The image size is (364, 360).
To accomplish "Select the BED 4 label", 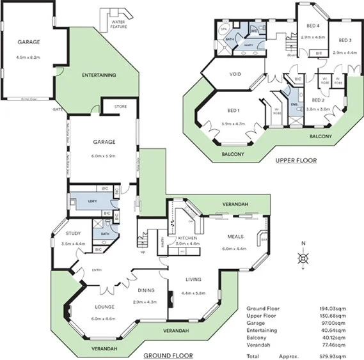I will [x=313, y=26].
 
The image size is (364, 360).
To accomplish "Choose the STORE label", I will [x=120, y=107].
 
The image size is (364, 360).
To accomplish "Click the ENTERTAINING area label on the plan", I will [x=99, y=75].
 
